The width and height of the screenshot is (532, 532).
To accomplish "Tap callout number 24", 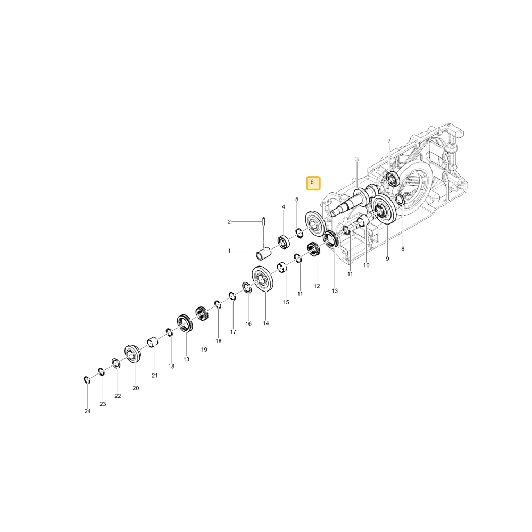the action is pos(88,411).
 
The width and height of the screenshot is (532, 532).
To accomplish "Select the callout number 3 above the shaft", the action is pos(356,159).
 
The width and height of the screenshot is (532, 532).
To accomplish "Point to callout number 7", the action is pos(389,141).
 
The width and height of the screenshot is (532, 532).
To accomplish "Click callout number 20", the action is pos(136,388).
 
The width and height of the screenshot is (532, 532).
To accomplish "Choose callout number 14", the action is pos(265,323).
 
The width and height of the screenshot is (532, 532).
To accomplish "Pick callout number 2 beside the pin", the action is pos(229,222).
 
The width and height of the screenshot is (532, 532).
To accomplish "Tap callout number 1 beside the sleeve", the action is pos(229,251).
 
